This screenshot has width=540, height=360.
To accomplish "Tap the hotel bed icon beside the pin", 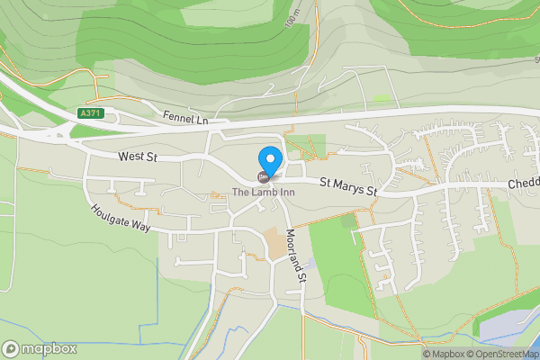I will (263, 175).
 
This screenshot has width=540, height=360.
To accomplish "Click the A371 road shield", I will (90, 113).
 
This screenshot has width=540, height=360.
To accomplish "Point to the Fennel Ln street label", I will (185, 117).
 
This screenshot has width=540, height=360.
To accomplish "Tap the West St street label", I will (138, 157).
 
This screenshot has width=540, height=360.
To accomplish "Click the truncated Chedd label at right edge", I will (523, 183).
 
